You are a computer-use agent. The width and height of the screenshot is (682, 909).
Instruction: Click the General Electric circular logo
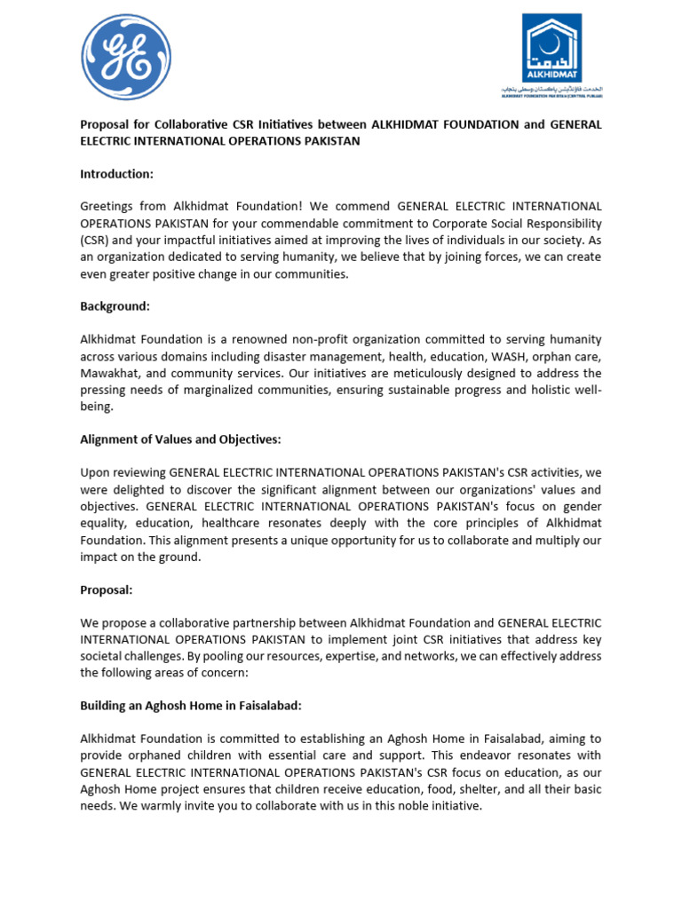tap(126, 57)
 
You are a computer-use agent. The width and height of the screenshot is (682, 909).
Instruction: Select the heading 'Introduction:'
tap(116, 173)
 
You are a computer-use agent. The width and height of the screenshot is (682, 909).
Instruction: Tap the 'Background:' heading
tap(115, 305)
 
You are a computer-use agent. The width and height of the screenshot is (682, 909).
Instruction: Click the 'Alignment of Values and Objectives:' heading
tap(180, 439)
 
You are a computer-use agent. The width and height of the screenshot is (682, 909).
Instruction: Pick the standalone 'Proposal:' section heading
tap(107, 589)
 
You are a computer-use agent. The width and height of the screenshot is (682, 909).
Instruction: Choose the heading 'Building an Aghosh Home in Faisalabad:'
tap(191, 706)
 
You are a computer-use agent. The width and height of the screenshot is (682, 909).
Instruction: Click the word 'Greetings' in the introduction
tap(108, 206)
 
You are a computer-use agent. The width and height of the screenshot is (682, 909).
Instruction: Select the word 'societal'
tap(105, 656)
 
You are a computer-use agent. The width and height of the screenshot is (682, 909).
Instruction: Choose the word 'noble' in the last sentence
tap(416, 806)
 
